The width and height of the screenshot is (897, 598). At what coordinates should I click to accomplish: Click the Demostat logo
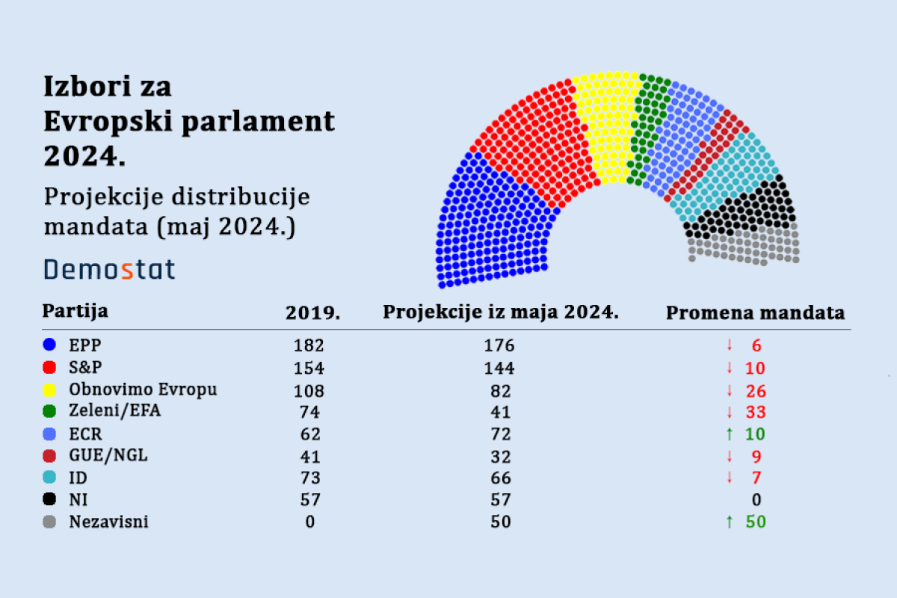pyautogui.click(x=109, y=269)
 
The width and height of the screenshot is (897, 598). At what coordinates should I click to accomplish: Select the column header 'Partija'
pyautogui.click(x=75, y=310)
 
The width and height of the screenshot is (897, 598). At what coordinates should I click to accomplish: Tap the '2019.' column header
pyautogui.click(x=312, y=313)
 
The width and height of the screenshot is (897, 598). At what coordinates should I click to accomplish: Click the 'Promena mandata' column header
pyautogui.click(x=755, y=312)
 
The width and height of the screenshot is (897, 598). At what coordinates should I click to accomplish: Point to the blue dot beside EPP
pyautogui.click(x=50, y=345)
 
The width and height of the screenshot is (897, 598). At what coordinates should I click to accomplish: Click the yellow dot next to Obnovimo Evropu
pyautogui.click(x=50, y=389)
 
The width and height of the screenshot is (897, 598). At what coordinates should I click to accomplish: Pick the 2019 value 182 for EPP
pyautogui.click(x=309, y=345)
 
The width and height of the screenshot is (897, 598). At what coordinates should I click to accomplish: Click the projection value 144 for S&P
pyautogui.click(x=500, y=368)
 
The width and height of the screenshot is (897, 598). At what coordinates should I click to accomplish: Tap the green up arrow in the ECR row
pyautogui.click(x=729, y=434)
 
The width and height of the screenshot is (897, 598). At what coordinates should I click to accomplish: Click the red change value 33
pyautogui.click(x=756, y=412)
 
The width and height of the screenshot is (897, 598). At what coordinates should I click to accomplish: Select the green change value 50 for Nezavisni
pyautogui.click(x=756, y=522)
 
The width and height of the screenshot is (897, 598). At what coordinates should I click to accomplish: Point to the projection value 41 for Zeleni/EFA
pyautogui.click(x=500, y=412)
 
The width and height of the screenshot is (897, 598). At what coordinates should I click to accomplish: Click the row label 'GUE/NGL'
pyautogui.click(x=108, y=456)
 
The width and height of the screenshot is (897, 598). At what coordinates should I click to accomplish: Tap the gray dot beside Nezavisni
pyautogui.click(x=50, y=522)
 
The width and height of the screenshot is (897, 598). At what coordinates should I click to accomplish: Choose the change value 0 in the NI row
pyautogui.click(x=756, y=500)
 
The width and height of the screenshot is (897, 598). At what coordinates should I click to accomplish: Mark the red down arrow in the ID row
pyautogui.click(x=729, y=478)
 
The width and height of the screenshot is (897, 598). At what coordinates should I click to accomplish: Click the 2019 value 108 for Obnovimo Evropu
pyautogui.click(x=309, y=390)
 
